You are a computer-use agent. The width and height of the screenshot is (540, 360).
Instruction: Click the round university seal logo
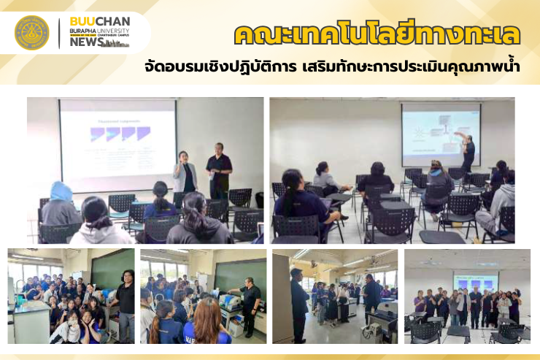(31, 33)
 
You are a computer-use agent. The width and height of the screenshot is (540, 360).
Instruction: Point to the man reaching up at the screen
(466, 153)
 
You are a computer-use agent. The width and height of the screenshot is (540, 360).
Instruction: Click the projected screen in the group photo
(476, 281)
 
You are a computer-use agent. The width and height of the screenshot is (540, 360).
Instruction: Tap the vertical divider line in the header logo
(59, 33)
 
